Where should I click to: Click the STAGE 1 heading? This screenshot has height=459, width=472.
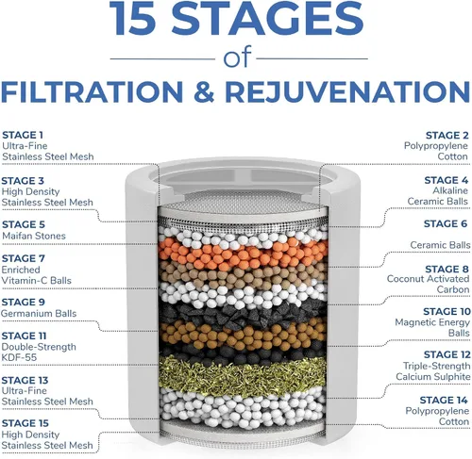pos(23,135)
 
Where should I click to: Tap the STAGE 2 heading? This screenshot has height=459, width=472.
pos(447,135)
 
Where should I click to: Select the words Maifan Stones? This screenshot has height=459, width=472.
pos(34,236)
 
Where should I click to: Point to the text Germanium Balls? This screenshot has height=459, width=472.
pos(39,314)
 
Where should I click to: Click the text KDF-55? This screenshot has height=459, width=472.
pos(19,357)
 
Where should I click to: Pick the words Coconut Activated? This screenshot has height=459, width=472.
pos(428,279)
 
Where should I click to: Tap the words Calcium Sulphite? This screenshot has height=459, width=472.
pos(433,377)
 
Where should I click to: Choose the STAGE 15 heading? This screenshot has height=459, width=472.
pos(25,423)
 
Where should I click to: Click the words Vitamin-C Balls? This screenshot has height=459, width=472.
pos(37,281)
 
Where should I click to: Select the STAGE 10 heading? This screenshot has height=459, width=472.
pos(447,312)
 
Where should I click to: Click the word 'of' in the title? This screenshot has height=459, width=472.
pos(238,57)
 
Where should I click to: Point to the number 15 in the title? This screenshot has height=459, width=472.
pos(132,18)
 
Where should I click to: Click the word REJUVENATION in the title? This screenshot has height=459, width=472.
pos(347,91)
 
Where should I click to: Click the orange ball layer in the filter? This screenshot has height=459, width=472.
pos(243,254)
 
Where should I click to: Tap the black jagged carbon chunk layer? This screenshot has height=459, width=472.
pos(243,313)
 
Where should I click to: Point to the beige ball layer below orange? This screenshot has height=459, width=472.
pos(243,274)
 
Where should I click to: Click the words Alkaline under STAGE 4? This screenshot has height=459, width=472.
pos(450,190)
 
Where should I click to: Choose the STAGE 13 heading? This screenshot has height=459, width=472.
pos(25,381)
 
